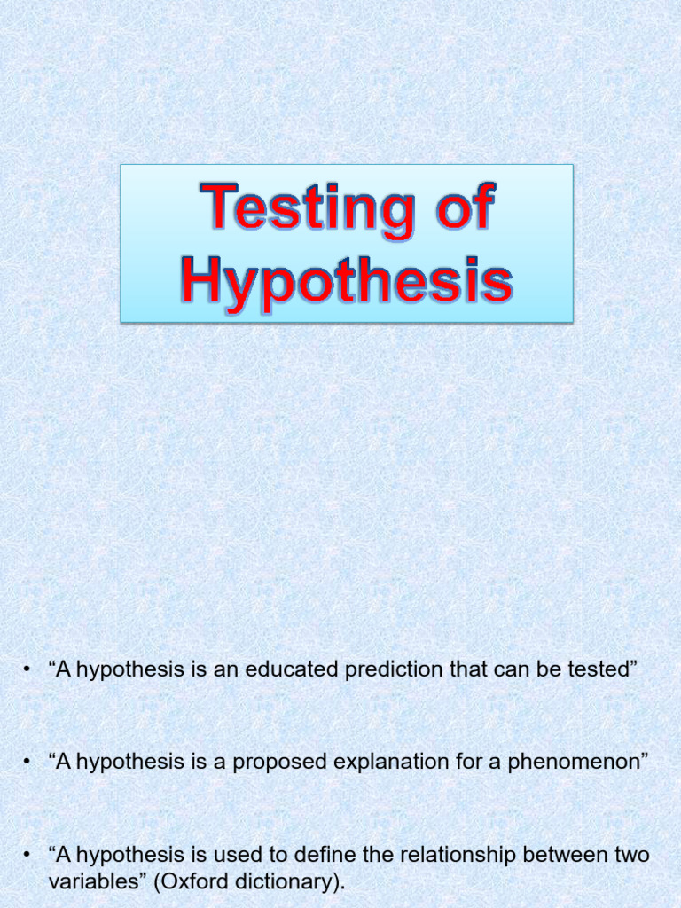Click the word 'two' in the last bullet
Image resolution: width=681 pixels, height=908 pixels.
click(x=632, y=856)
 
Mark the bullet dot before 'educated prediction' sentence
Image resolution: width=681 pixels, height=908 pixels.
click(x=29, y=670)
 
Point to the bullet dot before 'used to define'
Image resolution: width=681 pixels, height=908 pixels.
click(x=29, y=857)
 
